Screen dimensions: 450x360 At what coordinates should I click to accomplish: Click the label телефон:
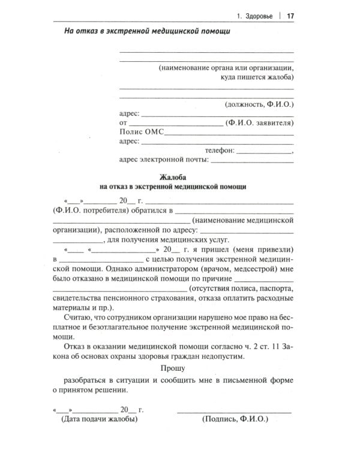[222, 151]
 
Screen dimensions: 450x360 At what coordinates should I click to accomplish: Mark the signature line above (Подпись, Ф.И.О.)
[235, 411]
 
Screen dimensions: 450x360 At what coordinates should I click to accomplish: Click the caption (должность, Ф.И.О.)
[259, 103]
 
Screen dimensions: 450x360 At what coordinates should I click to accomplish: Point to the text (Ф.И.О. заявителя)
[259, 123]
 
